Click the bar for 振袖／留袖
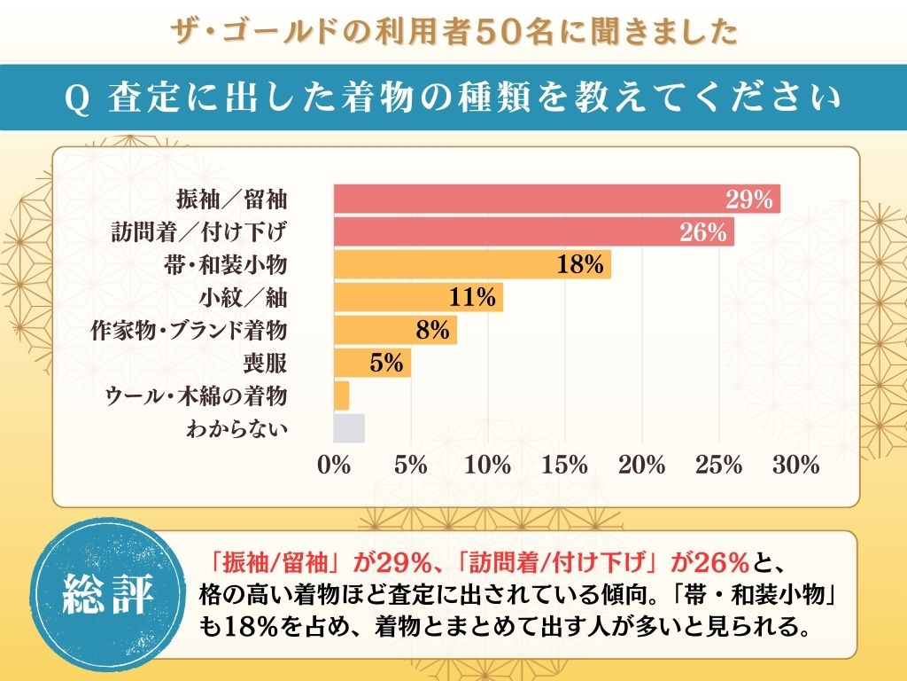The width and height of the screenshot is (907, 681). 531,199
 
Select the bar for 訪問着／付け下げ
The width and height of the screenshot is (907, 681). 505,232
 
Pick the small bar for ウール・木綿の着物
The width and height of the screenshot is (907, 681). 341,395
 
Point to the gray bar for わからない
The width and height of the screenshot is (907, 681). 349,427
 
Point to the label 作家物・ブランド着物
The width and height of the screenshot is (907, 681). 190,330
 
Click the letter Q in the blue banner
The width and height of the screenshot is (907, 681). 75,99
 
